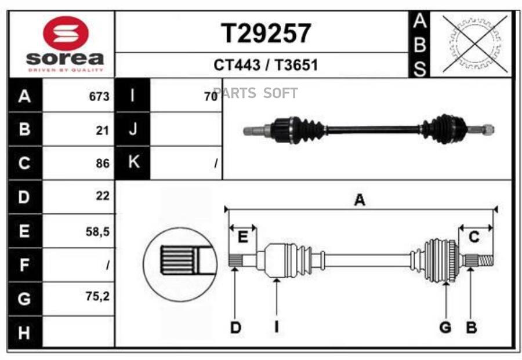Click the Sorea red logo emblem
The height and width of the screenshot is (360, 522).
[65, 33]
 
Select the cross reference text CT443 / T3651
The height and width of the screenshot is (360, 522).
[266, 65]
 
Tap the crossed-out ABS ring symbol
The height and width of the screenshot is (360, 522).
[475, 43]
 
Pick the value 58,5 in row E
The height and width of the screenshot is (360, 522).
[97, 232]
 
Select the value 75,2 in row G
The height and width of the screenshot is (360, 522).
[97, 296]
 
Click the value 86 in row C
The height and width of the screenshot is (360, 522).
[103, 164]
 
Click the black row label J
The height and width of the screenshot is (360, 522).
[133, 130]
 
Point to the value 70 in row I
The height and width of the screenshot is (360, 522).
[210, 97]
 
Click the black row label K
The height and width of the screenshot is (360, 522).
[133, 163]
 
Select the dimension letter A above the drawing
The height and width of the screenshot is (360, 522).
[360, 201]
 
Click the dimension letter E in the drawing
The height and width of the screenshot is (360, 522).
[244, 237]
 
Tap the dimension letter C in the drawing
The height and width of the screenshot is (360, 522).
[474, 237]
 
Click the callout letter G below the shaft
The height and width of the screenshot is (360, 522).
[445, 328]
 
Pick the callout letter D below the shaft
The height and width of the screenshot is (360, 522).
[235, 328]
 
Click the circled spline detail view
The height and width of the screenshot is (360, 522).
[180, 263]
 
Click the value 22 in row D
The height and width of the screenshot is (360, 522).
[103, 197]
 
